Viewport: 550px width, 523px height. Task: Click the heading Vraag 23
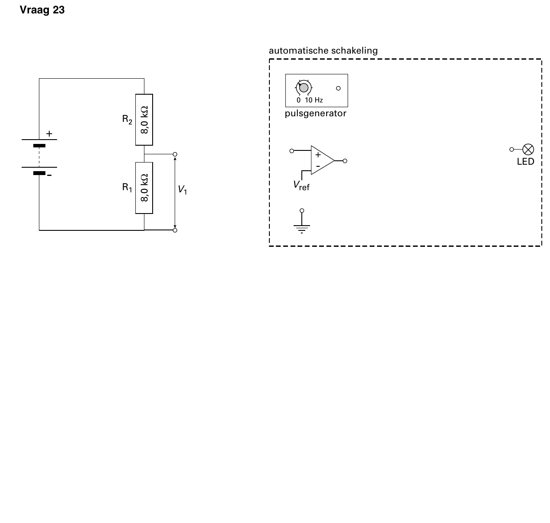[x=42, y=10]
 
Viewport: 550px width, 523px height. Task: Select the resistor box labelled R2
[x=144, y=120]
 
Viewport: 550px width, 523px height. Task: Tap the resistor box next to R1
[x=144, y=188]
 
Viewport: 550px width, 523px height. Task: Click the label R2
[x=127, y=119]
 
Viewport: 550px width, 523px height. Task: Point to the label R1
[x=127, y=188]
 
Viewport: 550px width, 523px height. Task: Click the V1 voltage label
[x=182, y=190]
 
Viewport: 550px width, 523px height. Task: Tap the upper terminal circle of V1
[x=175, y=154]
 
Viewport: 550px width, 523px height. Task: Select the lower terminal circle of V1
[x=175, y=230]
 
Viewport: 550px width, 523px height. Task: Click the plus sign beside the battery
[x=49, y=134]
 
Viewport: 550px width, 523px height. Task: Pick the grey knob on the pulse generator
[x=304, y=88]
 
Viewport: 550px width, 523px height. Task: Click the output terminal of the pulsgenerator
[x=338, y=88]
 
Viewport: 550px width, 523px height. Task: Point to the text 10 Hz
[x=314, y=100]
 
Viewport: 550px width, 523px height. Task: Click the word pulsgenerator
[x=316, y=113]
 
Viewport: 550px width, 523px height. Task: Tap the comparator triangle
[x=321, y=160]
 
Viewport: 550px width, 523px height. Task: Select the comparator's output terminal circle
[x=345, y=161]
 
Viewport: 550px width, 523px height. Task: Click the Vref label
[x=301, y=186]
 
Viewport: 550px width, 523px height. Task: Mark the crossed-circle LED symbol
[x=528, y=150]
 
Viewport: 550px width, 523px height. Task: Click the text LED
[x=525, y=162]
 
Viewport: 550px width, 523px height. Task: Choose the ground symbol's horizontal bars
[x=301, y=229]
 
